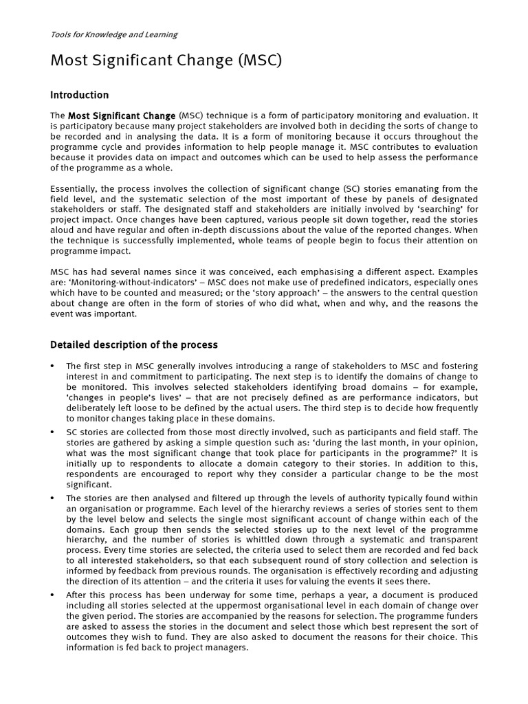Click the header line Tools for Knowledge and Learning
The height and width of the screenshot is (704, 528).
[x=113, y=34]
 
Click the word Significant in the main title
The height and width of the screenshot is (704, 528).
[x=148, y=61]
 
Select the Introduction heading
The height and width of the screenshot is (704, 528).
[x=80, y=95]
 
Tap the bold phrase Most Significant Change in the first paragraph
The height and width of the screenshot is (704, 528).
[x=122, y=115]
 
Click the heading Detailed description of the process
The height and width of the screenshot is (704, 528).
[x=134, y=344]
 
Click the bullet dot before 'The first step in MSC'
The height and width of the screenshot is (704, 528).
[x=53, y=366]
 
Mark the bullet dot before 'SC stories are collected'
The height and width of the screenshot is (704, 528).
[x=53, y=432]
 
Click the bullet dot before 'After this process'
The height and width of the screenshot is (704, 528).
[x=53, y=595]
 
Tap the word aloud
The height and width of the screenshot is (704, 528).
[x=64, y=231]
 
